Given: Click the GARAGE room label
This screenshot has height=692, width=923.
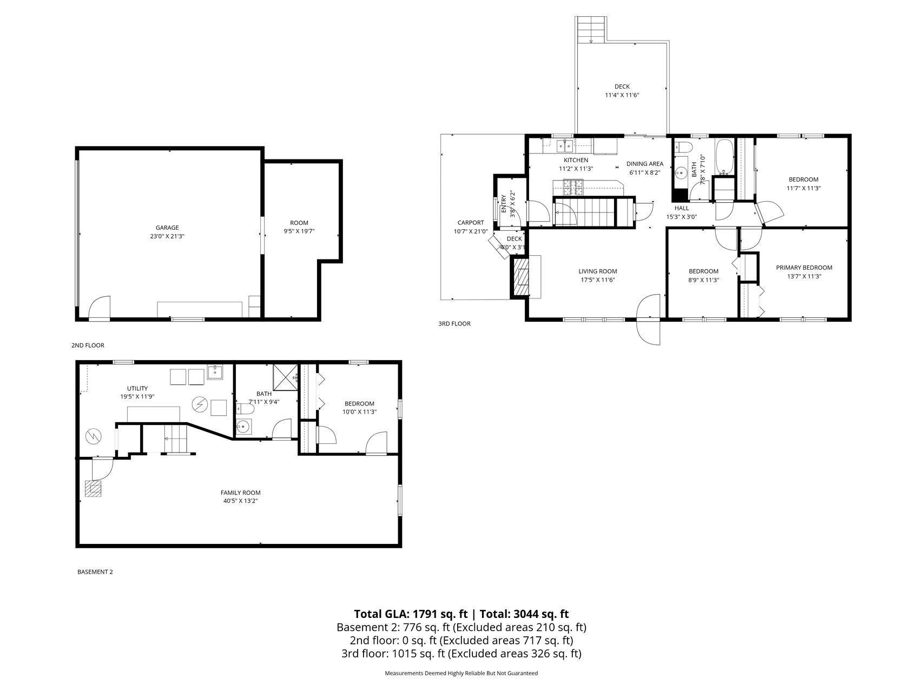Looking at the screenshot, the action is click(x=167, y=228).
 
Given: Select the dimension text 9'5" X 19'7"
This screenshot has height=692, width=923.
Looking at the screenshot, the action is click(x=299, y=231).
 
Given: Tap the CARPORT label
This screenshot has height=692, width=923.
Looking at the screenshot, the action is click(x=471, y=223).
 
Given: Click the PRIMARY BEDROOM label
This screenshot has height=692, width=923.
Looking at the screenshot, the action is click(x=804, y=268).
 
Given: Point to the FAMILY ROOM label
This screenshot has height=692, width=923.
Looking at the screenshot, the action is click(x=240, y=493).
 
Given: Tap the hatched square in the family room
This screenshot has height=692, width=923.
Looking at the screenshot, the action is click(x=93, y=489).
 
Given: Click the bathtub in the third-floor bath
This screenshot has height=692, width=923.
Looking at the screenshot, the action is click(x=724, y=156).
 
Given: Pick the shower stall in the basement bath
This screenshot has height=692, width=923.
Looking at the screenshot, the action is click(x=286, y=376).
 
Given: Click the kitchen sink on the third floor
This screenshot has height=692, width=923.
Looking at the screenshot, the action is click(x=565, y=145).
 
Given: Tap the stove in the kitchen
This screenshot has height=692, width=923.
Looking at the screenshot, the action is click(x=574, y=187).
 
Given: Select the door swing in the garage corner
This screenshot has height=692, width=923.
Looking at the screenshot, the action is click(x=100, y=308).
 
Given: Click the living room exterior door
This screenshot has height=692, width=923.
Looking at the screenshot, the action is click(x=649, y=320).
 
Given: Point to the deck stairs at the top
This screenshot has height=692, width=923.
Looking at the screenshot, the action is click(x=591, y=29).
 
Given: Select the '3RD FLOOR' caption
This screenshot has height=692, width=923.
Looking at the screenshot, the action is click(x=454, y=324).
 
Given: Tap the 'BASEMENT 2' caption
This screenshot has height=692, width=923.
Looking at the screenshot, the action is click(x=95, y=571).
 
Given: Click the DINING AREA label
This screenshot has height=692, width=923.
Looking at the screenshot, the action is click(x=645, y=164).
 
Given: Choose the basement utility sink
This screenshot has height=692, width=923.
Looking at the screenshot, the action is click(x=215, y=372).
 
